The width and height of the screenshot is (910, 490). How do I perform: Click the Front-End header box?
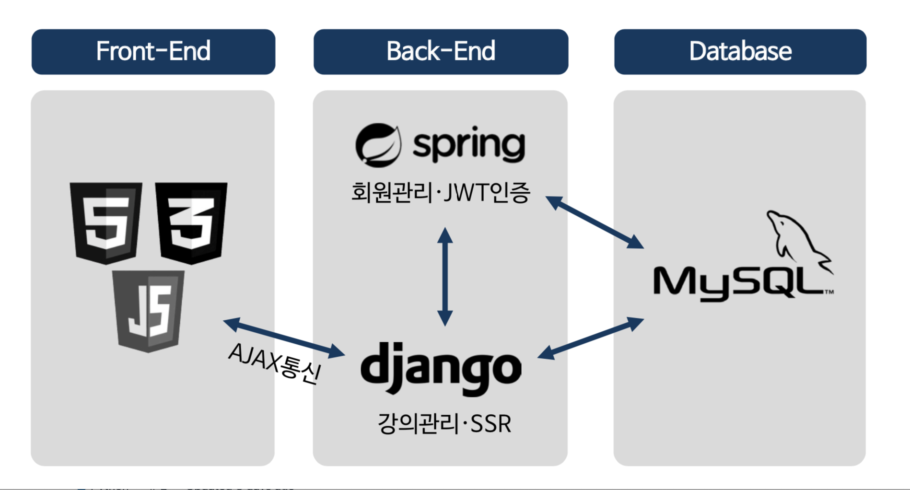153,51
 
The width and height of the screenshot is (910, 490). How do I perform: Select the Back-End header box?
441,51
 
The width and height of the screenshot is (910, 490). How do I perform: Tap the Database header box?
740,51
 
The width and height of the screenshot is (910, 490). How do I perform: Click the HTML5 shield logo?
106,222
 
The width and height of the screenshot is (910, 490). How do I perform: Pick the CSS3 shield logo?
191,222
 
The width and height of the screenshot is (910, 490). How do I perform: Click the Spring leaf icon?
378,145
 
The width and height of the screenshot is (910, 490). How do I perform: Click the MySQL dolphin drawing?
798,240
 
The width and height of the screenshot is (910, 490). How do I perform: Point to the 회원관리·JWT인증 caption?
441,193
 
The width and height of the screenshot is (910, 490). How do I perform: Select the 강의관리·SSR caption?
444,424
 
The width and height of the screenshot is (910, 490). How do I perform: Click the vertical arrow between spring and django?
445,277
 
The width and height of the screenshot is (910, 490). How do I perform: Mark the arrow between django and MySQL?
591,338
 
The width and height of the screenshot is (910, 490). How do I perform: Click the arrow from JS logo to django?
284,338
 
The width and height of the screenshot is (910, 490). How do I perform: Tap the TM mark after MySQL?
828,292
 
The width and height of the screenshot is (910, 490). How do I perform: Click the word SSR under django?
490,424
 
